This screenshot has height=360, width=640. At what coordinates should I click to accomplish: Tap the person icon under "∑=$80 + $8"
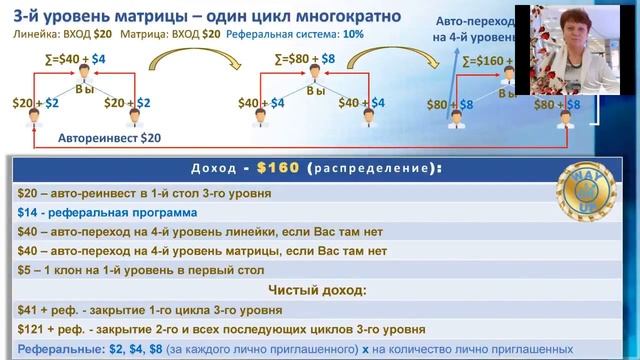click(x=314, y=76)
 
